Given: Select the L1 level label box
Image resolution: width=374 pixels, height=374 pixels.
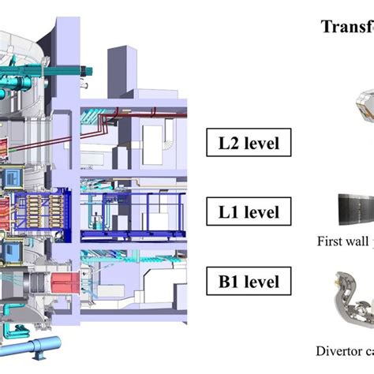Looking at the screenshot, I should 245,211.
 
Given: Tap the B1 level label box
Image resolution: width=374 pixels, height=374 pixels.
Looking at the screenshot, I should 245,279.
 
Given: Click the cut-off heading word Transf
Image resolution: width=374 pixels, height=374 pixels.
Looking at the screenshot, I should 346,27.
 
